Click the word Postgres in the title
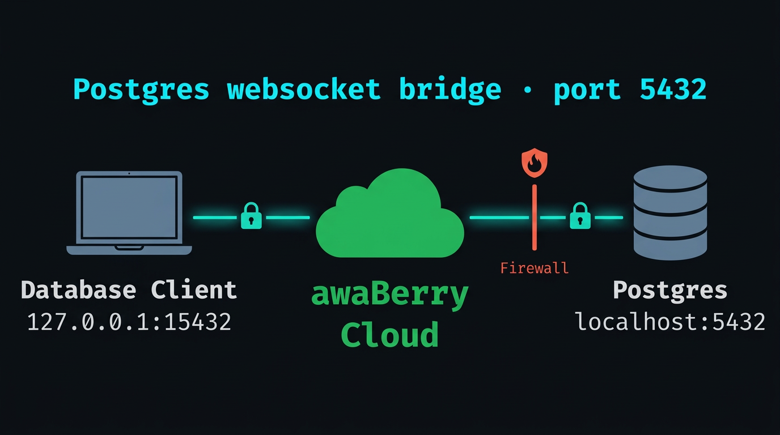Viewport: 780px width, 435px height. tap(141, 90)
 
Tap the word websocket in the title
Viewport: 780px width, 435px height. tap(304, 89)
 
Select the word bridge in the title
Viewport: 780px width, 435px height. tap(450, 89)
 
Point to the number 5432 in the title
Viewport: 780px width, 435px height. tap(673, 89)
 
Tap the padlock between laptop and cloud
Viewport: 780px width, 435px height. tap(251, 216)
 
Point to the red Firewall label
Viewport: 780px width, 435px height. tap(535, 268)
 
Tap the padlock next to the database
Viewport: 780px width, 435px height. tap(579, 216)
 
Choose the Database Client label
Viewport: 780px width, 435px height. tap(129, 290)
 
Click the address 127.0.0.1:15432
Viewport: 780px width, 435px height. tap(129, 322)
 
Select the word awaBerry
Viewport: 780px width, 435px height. tap(390, 295)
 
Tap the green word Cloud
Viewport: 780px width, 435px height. tap(390, 335)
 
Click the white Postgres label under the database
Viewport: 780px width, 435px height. tap(670, 290)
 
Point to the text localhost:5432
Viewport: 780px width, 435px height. tap(670, 322)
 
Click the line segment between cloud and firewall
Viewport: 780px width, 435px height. tap(499, 217)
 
